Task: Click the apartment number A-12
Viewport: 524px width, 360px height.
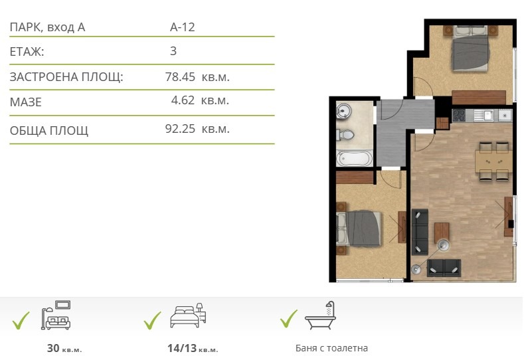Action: coord(182,27)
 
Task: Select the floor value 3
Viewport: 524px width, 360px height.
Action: coord(173,51)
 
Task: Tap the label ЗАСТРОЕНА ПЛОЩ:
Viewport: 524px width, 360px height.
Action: coord(66,77)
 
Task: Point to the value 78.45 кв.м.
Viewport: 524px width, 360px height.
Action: coord(197,76)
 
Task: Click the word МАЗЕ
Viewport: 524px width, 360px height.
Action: coord(26,102)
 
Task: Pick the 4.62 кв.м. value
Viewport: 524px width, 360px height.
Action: coord(200,102)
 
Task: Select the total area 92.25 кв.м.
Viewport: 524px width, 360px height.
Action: coord(197,129)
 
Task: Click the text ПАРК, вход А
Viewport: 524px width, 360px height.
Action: coord(48,27)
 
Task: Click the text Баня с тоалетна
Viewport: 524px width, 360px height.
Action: coord(331,348)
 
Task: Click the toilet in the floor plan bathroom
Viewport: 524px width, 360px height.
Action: coord(345,135)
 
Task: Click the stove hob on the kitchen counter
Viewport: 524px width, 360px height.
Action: coord(459,115)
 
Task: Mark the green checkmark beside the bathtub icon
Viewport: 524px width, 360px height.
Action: coord(288,319)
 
